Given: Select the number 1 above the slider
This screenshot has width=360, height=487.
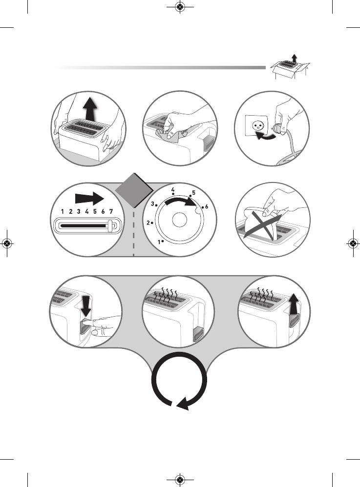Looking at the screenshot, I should tap(63, 212).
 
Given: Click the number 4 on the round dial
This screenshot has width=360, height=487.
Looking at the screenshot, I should tap(173, 189).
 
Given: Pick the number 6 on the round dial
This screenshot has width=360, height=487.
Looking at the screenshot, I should tap(206, 207).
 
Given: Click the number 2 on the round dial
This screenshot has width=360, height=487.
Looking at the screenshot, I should tap(149, 223).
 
